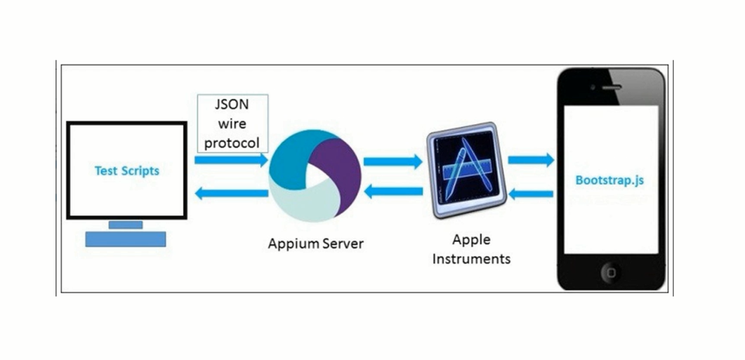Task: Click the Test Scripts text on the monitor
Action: (x=127, y=171)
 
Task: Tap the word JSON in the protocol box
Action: (x=232, y=105)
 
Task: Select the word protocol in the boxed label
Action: (x=232, y=143)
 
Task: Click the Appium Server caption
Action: (x=316, y=243)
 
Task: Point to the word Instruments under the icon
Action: (x=471, y=259)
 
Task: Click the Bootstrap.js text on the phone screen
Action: (x=610, y=180)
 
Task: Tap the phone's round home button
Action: (x=611, y=272)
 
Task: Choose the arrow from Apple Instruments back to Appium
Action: (x=393, y=192)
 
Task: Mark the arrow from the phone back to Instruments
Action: (x=531, y=194)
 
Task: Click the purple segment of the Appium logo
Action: (x=336, y=168)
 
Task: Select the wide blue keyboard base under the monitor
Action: (x=125, y=239)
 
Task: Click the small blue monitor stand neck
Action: (x=125, y=225)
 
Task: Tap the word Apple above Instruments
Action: (x=471, y=240)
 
